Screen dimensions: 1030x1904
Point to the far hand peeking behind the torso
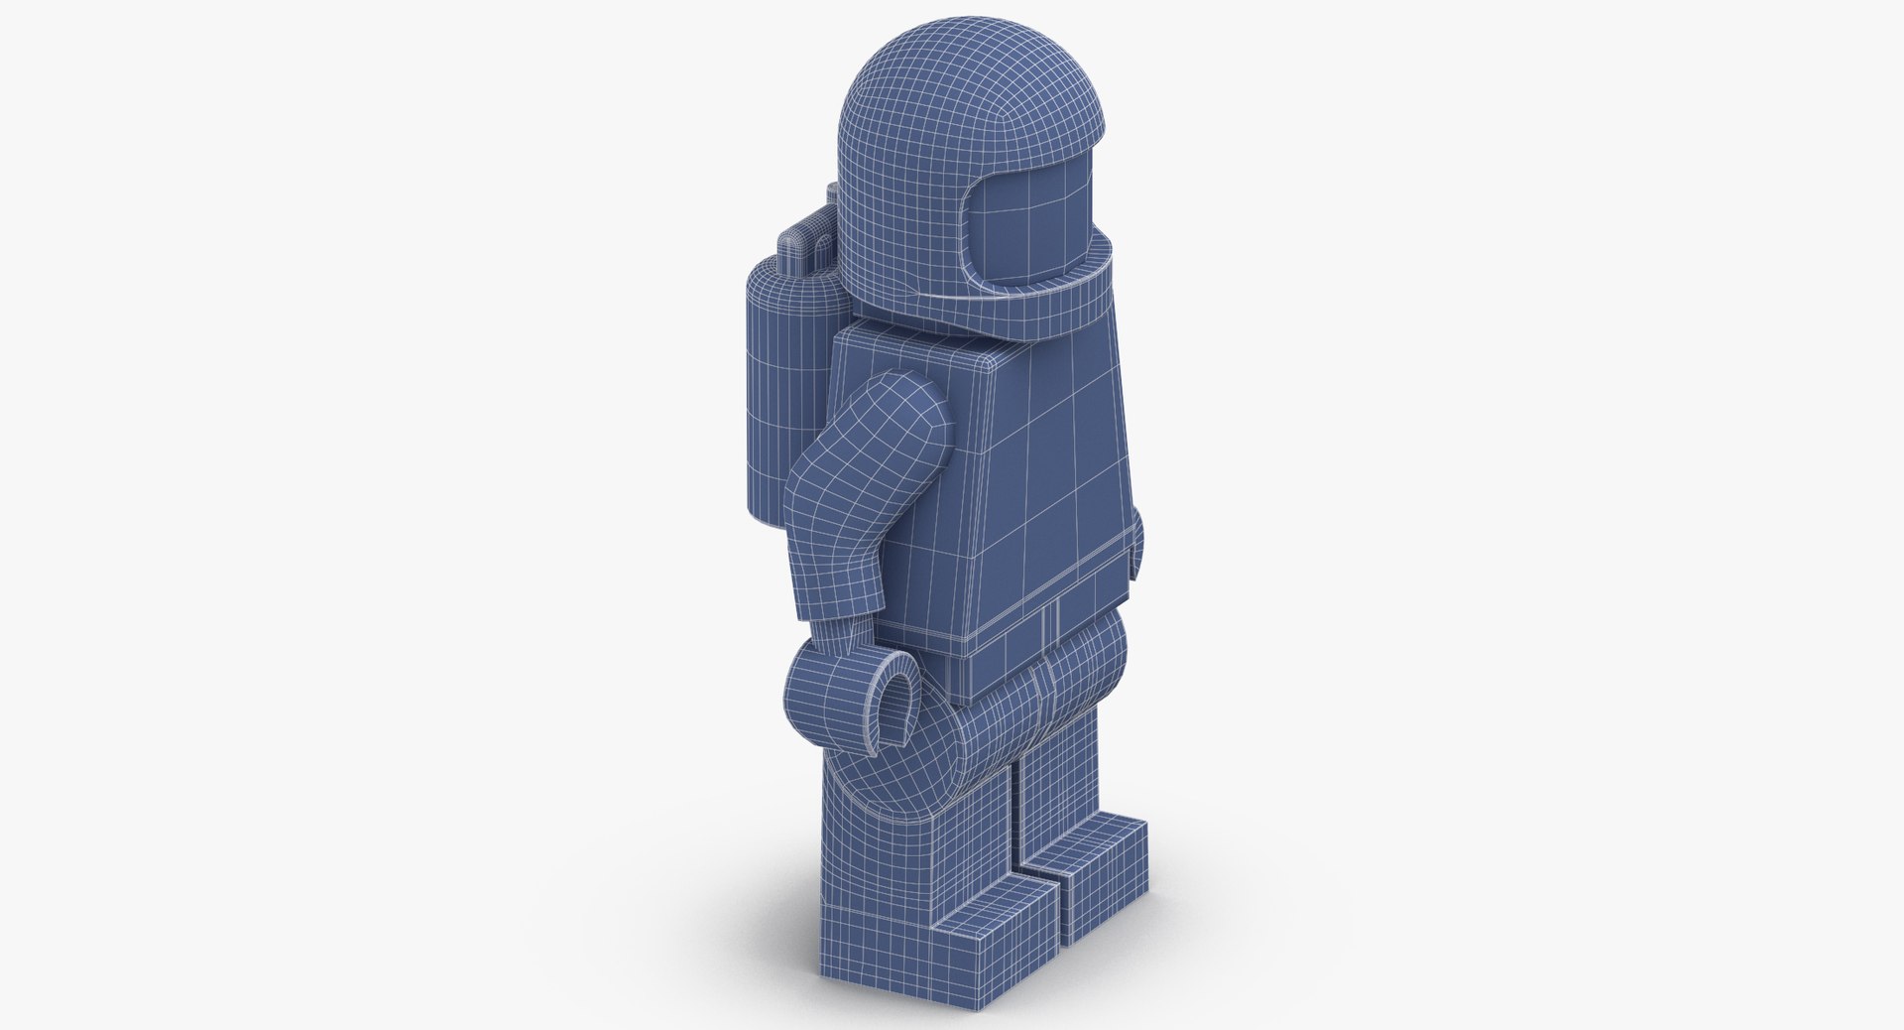coord(1136,551)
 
